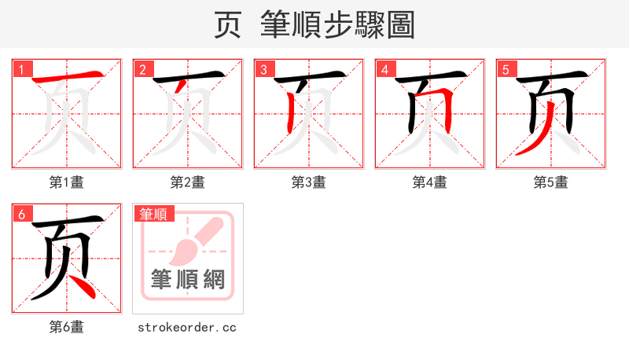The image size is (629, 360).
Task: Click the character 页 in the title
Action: (x=229, y=24)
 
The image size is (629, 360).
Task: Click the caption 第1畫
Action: (x=67, y=182)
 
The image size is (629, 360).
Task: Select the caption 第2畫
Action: (x=188, y=182)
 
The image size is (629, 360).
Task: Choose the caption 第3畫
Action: (x=309, y=182)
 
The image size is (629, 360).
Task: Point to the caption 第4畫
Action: (x=430, y=182)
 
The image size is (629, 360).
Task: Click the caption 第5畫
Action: (x=551, y=182)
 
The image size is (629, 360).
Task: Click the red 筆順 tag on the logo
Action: (x=154, y=213)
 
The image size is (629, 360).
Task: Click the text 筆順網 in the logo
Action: (x=188, y=279)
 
